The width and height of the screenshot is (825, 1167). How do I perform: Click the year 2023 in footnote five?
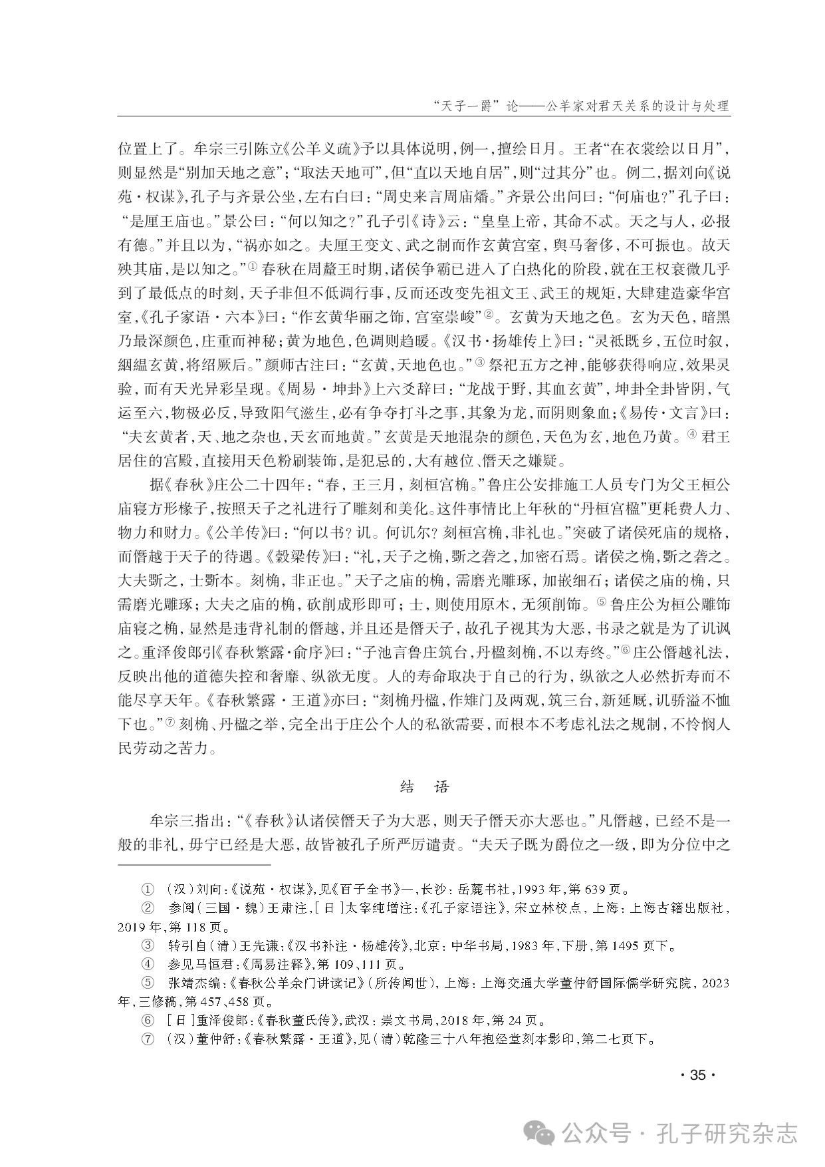(715, 982)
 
